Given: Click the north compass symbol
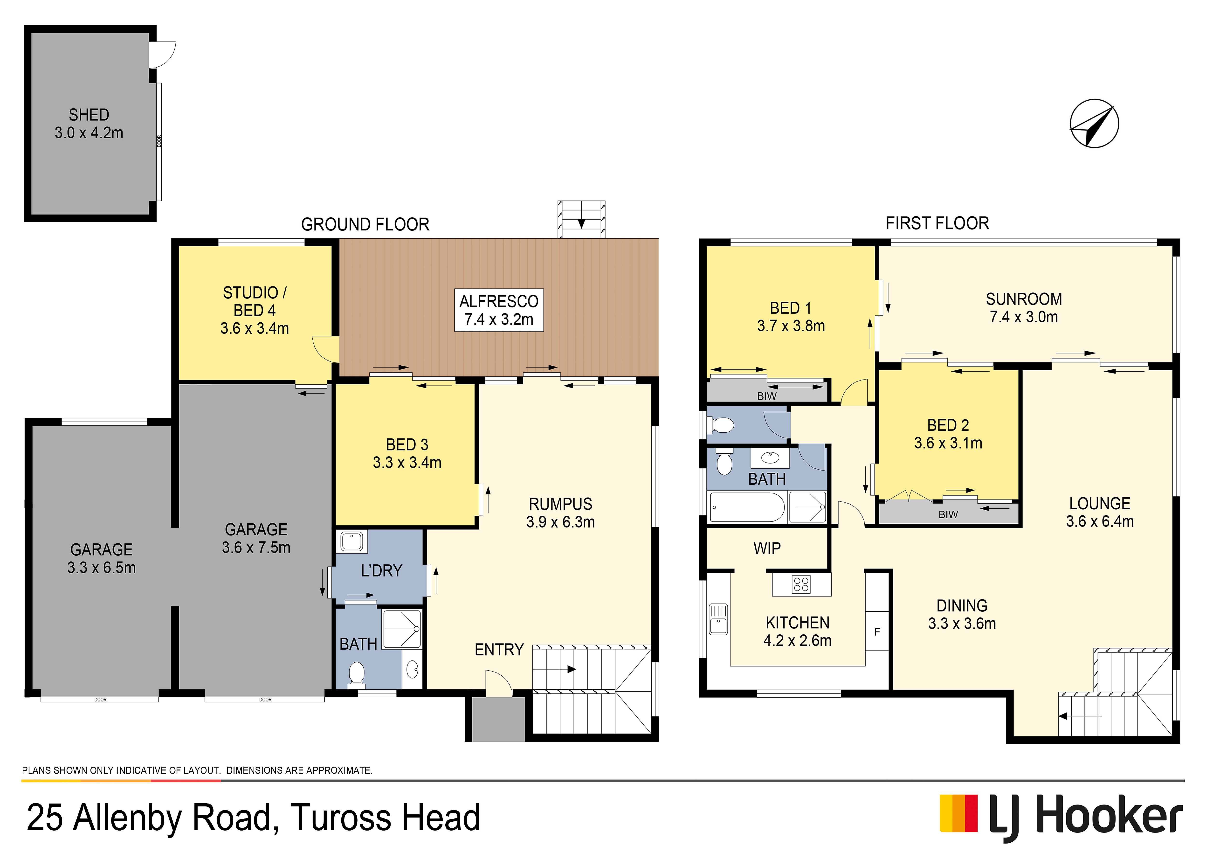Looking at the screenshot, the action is [1095, 124].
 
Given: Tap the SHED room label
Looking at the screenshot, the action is [89, 115].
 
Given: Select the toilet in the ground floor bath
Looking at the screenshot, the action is [357, 674].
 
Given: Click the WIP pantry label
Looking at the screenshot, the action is [767, 548].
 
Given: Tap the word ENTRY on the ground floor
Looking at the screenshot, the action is [499, 650].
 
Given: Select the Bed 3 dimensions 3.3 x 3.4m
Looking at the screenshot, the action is [407, 462].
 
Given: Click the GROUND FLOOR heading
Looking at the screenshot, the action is [365, 224].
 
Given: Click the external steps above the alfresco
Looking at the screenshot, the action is [581, 220].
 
